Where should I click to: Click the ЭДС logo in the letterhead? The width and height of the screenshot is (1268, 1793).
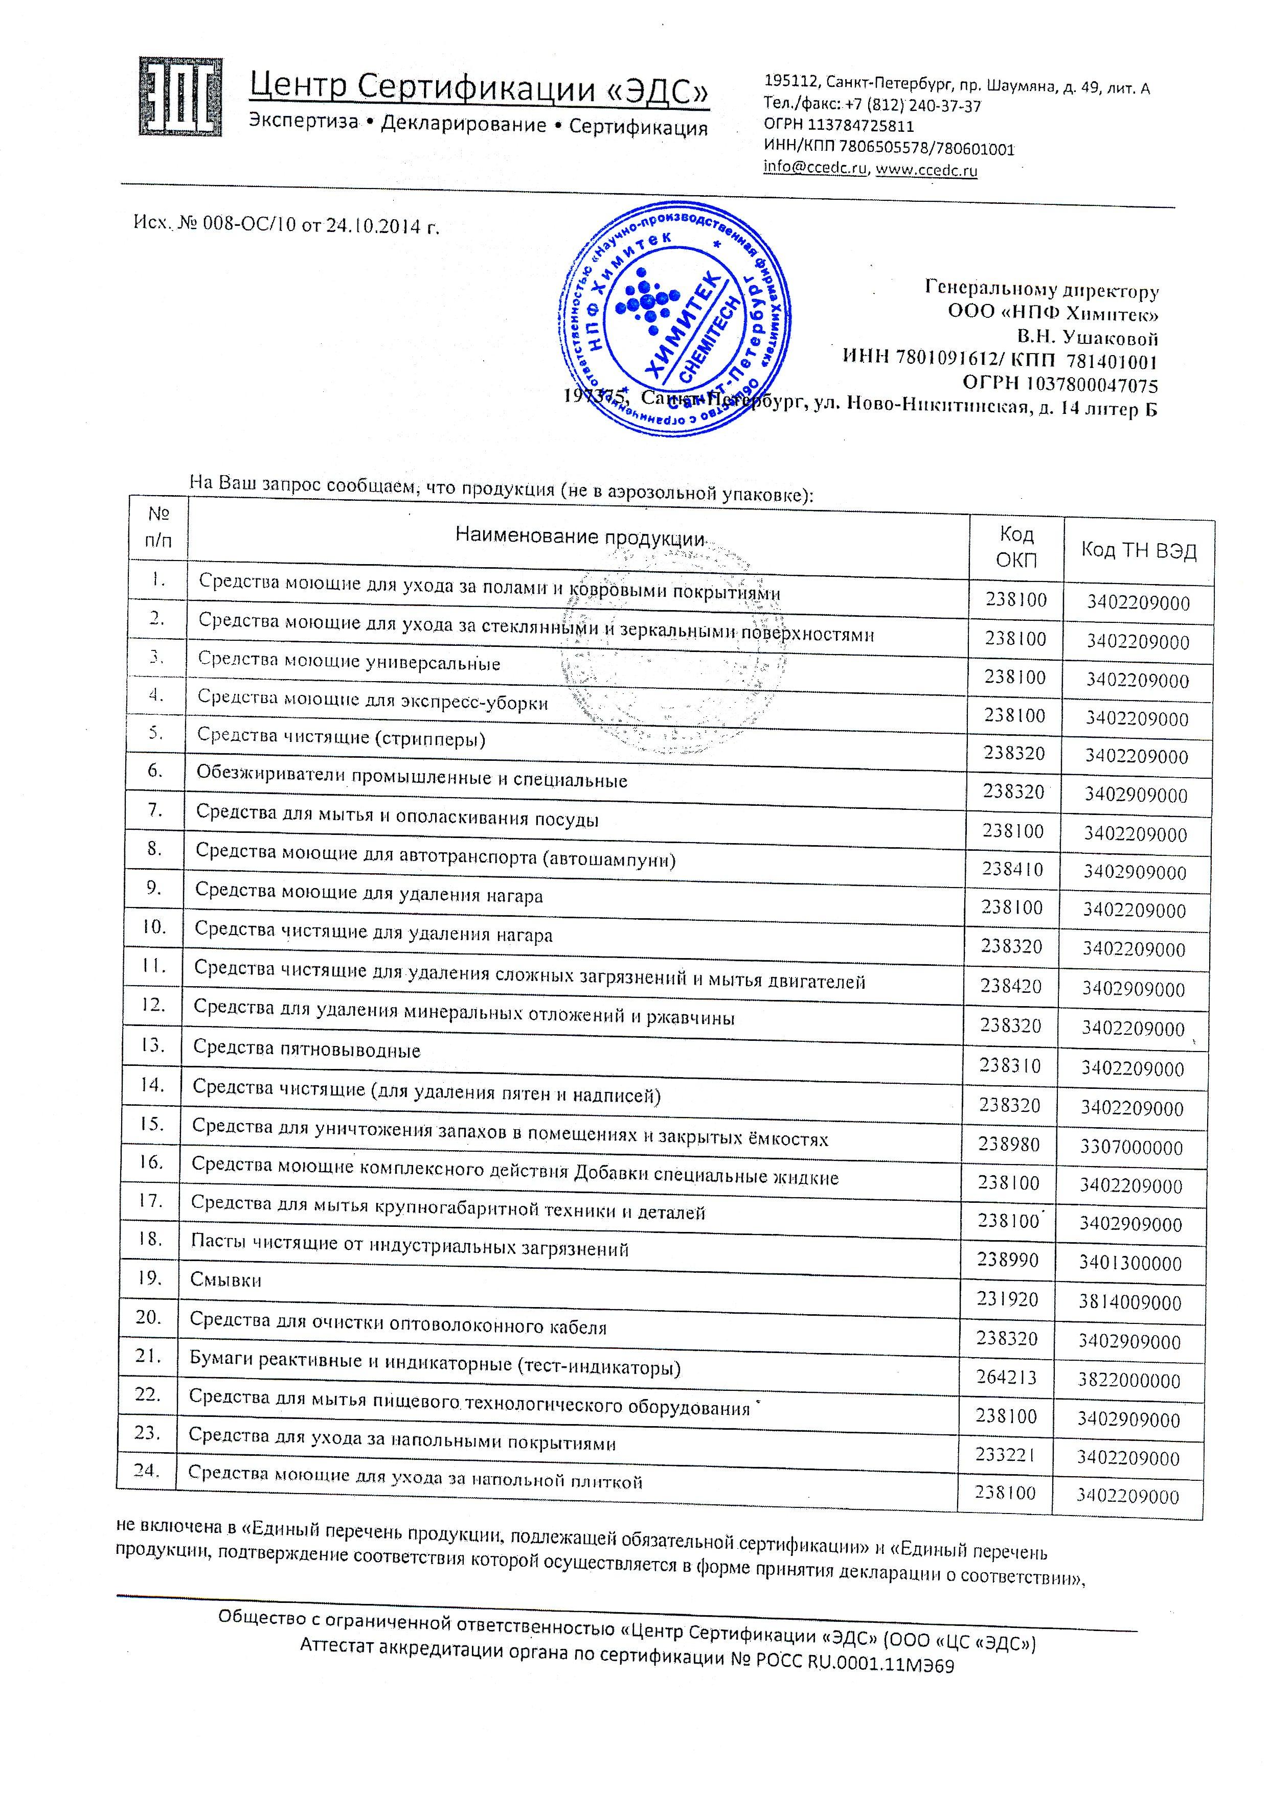179,97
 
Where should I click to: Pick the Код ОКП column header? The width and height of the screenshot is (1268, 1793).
1015,547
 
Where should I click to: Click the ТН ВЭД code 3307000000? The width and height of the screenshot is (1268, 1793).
1131,1147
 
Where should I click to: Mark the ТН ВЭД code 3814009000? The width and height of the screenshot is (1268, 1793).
1130,1302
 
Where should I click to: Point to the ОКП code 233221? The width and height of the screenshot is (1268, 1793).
1006,1454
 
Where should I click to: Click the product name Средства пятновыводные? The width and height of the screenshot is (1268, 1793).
306,1049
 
